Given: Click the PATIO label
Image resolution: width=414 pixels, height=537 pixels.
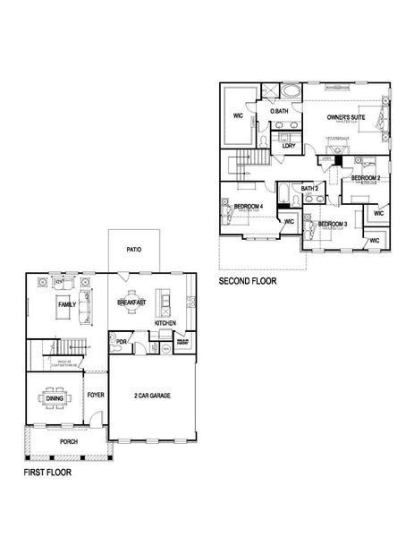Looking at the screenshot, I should (x=135, y=250).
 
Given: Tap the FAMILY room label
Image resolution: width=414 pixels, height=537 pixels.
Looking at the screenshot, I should (x=66, y=305).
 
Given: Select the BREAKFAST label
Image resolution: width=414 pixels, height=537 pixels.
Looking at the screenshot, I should (x=131, y=304).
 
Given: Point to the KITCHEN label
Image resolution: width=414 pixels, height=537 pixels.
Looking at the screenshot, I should (x=165, y=323).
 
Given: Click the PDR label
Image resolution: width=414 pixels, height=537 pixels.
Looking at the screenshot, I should (x=121, y=341).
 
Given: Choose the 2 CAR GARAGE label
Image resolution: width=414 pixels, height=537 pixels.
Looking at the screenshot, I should (x=152, y=395).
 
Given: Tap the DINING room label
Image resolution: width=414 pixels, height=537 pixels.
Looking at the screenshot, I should (x=55, y=399).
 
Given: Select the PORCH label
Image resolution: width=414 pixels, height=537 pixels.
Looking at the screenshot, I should (x=68, y=441).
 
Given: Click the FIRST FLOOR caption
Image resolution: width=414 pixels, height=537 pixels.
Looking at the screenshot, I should (x=48, y=472).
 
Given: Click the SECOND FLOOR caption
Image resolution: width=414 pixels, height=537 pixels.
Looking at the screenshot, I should (x=248, y=281).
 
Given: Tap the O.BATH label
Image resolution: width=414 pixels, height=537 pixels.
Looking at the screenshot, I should (x=280, y=112).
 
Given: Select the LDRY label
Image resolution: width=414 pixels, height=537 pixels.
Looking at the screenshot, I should (x=289, y=146).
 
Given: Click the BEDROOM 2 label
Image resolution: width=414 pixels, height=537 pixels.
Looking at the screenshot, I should (x=366, y=178).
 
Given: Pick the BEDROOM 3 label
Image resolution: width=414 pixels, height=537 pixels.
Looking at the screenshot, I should (x=333, y=224).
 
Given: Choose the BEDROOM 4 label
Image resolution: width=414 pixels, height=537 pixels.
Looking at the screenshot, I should (x=248, y=207).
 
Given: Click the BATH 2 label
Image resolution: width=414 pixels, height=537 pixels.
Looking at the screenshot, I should (x=309, y=188).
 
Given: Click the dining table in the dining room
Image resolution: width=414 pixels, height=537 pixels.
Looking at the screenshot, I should (x=54, y=399).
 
